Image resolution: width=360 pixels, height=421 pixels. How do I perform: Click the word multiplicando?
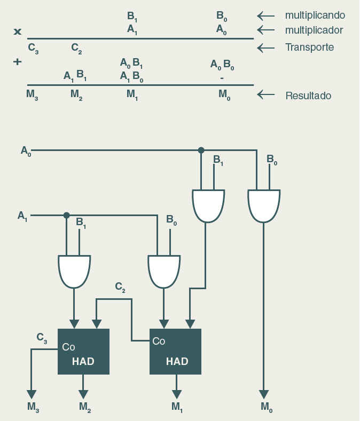[x=315, y=15]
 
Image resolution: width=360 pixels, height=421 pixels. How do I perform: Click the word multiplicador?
[x=314, y=30]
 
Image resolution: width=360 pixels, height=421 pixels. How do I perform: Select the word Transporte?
[x=309, y=47]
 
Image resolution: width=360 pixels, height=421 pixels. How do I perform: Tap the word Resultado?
[x=308, y=96]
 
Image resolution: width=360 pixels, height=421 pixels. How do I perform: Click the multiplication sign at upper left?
[x=18, y=31]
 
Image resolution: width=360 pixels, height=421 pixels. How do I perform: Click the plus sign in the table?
[x=18, y=62]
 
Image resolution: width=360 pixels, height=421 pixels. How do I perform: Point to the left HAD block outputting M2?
[x=83, y=351]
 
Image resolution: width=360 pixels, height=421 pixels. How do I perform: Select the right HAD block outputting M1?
[x=175, y=351]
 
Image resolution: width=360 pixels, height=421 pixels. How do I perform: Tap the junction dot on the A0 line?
[x=201, y=150]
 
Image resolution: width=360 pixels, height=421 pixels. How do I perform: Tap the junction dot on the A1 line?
[x=66, y=216]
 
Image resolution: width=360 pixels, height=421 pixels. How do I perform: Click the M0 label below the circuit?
[x=267, y=407]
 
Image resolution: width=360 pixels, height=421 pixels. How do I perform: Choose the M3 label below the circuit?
[x=33, y=407]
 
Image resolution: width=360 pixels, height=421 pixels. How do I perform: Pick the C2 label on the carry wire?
[x=121, y=287]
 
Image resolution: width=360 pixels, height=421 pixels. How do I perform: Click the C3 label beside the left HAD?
[x=42, y=337]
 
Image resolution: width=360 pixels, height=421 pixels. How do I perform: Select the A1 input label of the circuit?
[x=22, y=216]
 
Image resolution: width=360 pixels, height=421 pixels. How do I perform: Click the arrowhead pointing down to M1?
[x=176, y=394]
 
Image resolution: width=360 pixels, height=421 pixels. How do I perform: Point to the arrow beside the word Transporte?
[x=266, y=48]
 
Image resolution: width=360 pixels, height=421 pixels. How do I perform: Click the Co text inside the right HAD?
[x=159, y=341]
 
